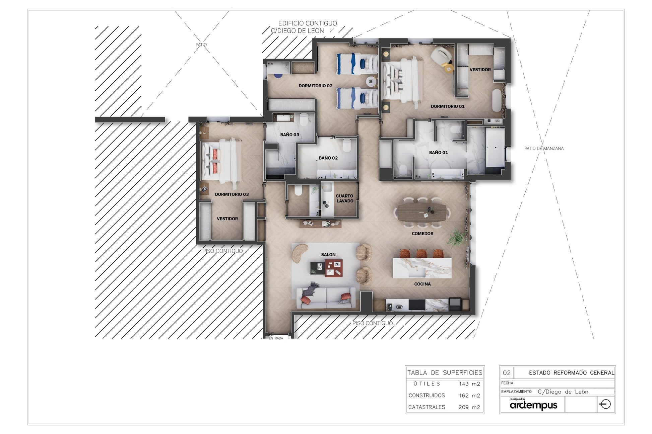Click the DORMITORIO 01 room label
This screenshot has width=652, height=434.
(x=448, y=106)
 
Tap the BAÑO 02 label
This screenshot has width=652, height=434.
(x=328, y=158)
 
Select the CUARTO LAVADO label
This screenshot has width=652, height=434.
(x=345, y=198)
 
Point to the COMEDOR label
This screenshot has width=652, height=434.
(x=422, y=234)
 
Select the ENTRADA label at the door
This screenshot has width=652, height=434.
(x=276, y=338)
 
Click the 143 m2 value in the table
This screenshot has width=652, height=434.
(x=469, y=384)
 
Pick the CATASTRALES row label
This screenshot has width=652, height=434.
(x=427, y=407)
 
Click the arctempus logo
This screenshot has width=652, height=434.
(x=533, y=405)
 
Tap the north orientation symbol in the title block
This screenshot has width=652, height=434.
(x=605, y=404)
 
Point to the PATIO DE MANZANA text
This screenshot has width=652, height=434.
(x=544, y=148)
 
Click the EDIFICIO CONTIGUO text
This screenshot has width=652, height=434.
(x=308, y=23)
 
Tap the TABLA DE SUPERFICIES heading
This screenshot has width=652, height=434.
(x=445, y=372)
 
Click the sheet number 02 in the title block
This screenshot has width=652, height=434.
(x=507, y=373)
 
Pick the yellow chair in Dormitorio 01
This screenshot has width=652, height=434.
(x=448, y=68)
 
